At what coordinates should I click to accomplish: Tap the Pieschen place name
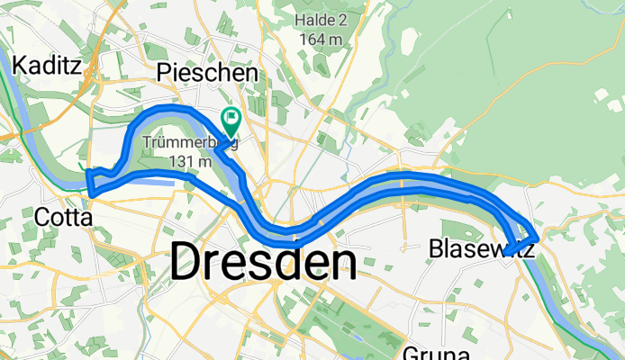tap(207, 73)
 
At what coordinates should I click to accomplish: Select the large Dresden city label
tap(262, 263)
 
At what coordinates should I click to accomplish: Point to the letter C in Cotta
tap(41, 217)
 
